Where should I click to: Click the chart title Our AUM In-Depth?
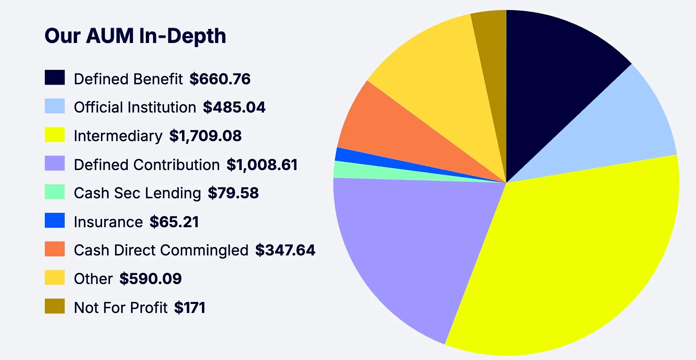(135, 36)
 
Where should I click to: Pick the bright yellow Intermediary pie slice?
(579, 253)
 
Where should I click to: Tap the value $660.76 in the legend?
(220, 79)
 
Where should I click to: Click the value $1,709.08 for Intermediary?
(205, 136)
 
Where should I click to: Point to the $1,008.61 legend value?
(262, 165)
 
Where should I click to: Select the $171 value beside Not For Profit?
(190, 308)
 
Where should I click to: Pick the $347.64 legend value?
(285, 250)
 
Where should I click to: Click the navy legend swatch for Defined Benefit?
(55, 77)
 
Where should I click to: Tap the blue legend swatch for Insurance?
(55, 220)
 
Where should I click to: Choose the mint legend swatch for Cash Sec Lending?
(55, 192)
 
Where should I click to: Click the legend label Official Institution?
(135, 107)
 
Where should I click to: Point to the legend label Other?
(93, 279)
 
